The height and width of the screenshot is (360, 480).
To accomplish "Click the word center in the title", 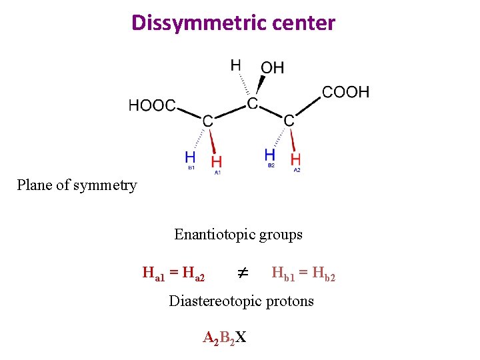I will (x=303, y=23).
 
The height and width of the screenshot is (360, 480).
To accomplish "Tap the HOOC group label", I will (x=152, y=105).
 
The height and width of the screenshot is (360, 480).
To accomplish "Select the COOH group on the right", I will (x=345, y=91).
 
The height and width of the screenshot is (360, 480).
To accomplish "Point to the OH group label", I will (x=272, y=67).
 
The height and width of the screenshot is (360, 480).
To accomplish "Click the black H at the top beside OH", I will (x=236, y=65).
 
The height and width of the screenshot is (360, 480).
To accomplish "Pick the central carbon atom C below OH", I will (x=253, y=103).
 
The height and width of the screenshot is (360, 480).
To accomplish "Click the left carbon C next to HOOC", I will (x=208, y=121).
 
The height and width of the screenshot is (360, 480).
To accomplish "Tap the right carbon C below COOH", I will (x=289, y=121).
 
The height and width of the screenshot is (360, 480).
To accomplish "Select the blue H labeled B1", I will (x=190, y=158).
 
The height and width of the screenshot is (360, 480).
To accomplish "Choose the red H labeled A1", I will (x=217, y=162).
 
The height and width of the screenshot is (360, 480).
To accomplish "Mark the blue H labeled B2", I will (x=270, y=155).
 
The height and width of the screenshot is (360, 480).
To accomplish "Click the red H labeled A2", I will (x=296, y=159).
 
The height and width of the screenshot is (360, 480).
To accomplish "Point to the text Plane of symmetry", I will (x=77, y=185).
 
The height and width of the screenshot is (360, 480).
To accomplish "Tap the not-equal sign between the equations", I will (x=243, y=273).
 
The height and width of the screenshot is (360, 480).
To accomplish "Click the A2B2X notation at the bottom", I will (x=224, y=337).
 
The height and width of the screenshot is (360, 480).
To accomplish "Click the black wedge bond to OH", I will (x=260, y=85).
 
